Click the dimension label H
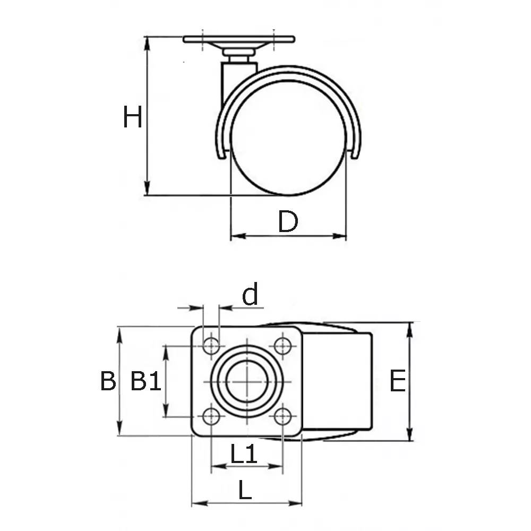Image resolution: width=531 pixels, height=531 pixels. pos(132,117)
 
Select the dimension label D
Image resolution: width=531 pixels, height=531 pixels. pos(288,221)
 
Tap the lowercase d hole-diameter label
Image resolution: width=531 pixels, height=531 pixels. pos(250,294)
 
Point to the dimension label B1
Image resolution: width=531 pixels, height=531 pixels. pos(145,380)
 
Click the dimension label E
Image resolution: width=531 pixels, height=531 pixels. pos(398,381)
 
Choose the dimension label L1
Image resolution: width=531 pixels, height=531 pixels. pos(244,453)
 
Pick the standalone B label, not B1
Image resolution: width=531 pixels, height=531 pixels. pos(108,381)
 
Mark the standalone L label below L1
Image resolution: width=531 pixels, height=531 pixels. pos(245,490)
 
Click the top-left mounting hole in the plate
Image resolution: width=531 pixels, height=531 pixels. pos(211,346)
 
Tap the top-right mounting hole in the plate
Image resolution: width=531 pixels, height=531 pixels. pos(282,346)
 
